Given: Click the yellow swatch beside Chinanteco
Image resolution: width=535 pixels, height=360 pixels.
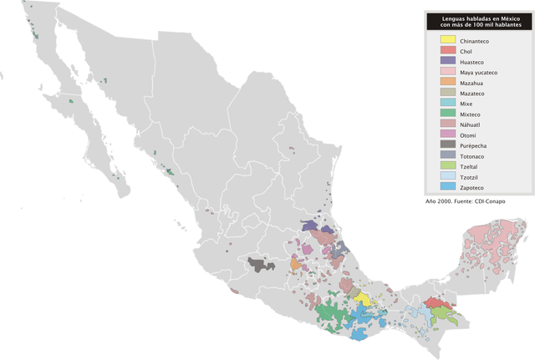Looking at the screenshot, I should (447, 40).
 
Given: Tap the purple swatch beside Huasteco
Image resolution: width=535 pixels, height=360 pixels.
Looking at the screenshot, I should (447, 62).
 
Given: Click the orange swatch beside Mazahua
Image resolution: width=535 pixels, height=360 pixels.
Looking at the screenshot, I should (447, 83).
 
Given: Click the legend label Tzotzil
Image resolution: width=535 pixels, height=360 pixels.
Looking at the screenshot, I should (469, 177).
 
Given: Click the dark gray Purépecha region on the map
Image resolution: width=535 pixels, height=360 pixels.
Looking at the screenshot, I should (261, 265).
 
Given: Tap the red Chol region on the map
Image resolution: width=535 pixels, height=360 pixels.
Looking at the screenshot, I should (435, 303).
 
